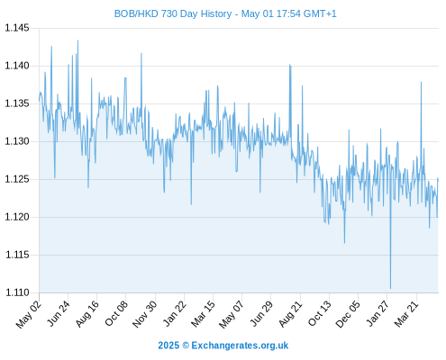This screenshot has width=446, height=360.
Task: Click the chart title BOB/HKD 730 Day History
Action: click(x=173, y=13)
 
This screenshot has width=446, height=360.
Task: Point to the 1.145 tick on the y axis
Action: click(x=17, y=28)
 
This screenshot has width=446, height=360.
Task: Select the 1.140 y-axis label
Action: click(x=17, y=66)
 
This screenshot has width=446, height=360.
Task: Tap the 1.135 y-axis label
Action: click(x=17, y=103)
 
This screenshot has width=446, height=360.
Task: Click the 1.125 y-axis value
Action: click(x=17, y=179)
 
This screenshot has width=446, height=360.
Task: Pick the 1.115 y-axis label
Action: click(x=17, y=255)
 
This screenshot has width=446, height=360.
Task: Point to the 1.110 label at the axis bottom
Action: click(x=17, y=292)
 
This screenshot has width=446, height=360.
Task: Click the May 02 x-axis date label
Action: click(x=29, y=314)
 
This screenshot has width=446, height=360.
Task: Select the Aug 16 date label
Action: click(x=87, y=313)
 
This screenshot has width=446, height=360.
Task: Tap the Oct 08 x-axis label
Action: click(x=116, y=313)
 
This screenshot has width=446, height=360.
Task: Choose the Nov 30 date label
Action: click(x=144, y=314)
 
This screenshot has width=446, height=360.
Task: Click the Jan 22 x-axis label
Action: click(x=175, y=313)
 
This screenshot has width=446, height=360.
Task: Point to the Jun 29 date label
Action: click(x=261, y=313)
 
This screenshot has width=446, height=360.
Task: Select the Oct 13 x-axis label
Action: click(x=320, y=313)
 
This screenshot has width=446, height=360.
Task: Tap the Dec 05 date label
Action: click(x=348, y=314)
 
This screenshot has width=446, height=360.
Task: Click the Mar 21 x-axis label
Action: click(x=406, y=314)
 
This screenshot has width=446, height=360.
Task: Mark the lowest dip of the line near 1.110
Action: click(x=390, y=288)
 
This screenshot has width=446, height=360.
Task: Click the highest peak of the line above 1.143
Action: click(x=77, y=40)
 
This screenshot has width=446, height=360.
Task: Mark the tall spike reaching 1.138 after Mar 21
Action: click(x=421, y=82)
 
